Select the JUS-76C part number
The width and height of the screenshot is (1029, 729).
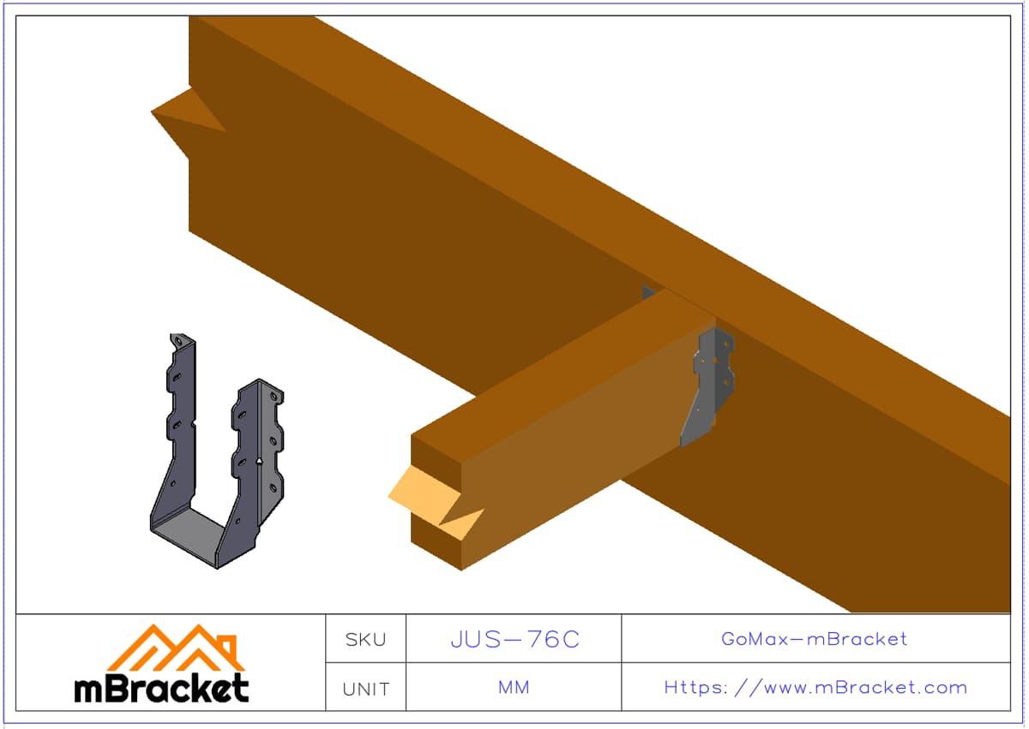click(515, 639)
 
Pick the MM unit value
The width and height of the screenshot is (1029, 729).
click(514, 687)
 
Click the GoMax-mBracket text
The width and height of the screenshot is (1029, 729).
click(814, 639)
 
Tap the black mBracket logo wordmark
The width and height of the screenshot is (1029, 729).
click(162, 688)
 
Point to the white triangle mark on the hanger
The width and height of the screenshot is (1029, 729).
click(259, 461)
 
